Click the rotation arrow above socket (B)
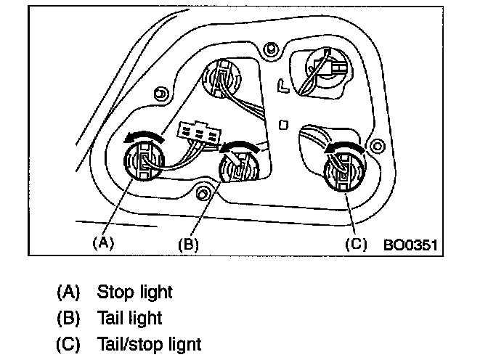pyautogui.click(x=240, y=147)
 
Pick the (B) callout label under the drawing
pyautogui.click(x=188, y=244)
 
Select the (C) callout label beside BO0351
pyautogui.click(x=355, y=244)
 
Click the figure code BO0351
pyautogui.click(x=410, y=244)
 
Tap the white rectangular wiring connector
pyautogui.click(x=198, y=134)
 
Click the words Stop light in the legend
pyautogui.click(x=135, y=292)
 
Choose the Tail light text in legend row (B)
pyautogui.click(x=129, y=318)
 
